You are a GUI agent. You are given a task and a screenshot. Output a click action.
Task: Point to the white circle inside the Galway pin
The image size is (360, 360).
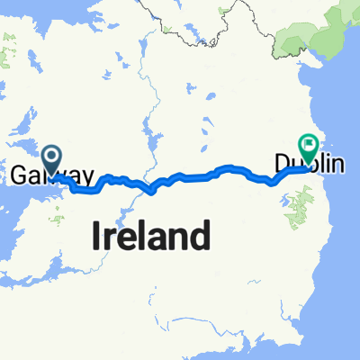point(53,157)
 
